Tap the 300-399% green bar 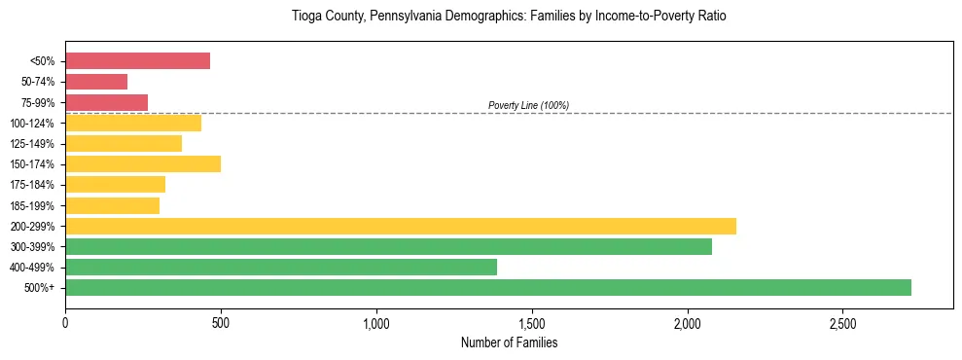(388, 246)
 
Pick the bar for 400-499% (281, 267)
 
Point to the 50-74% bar (96, 82)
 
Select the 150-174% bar (143, 163)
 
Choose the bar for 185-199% (112, 205)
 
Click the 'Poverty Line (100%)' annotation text (528, 105)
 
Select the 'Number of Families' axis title (509, 342)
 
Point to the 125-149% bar (124, 143)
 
